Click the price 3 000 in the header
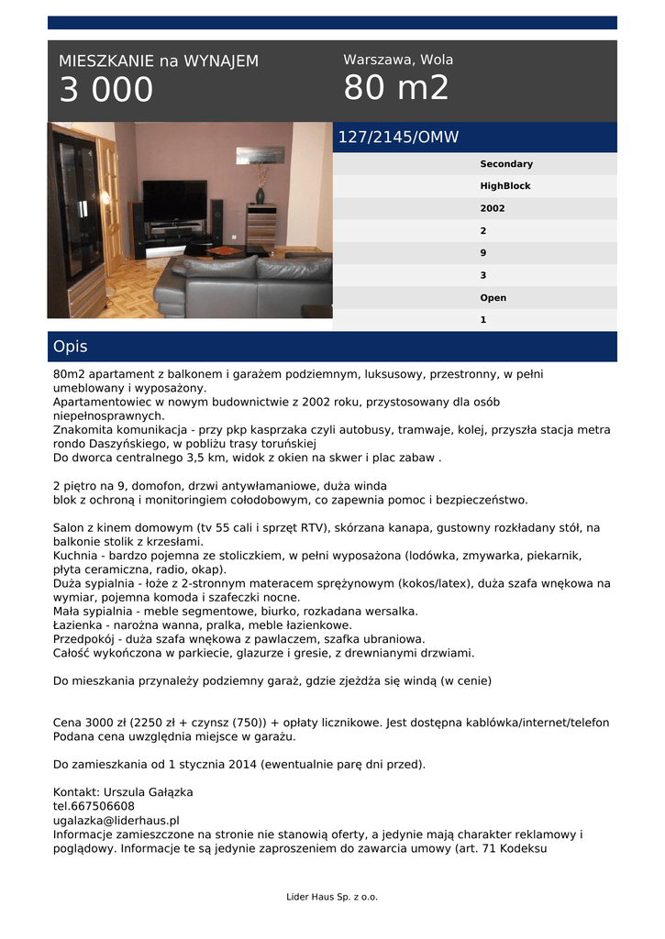106,91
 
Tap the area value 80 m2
396,89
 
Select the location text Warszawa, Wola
398,60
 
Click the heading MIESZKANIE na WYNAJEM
159,61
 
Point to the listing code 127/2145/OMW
398,138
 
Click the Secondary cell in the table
506,164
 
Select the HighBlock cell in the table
505,186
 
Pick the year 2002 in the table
493,208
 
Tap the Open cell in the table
493,298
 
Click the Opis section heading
71,347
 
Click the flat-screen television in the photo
174,200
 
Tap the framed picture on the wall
260,155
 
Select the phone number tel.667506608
94,806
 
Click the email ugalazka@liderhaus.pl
116,821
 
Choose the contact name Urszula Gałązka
123,792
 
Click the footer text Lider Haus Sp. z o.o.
332,897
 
